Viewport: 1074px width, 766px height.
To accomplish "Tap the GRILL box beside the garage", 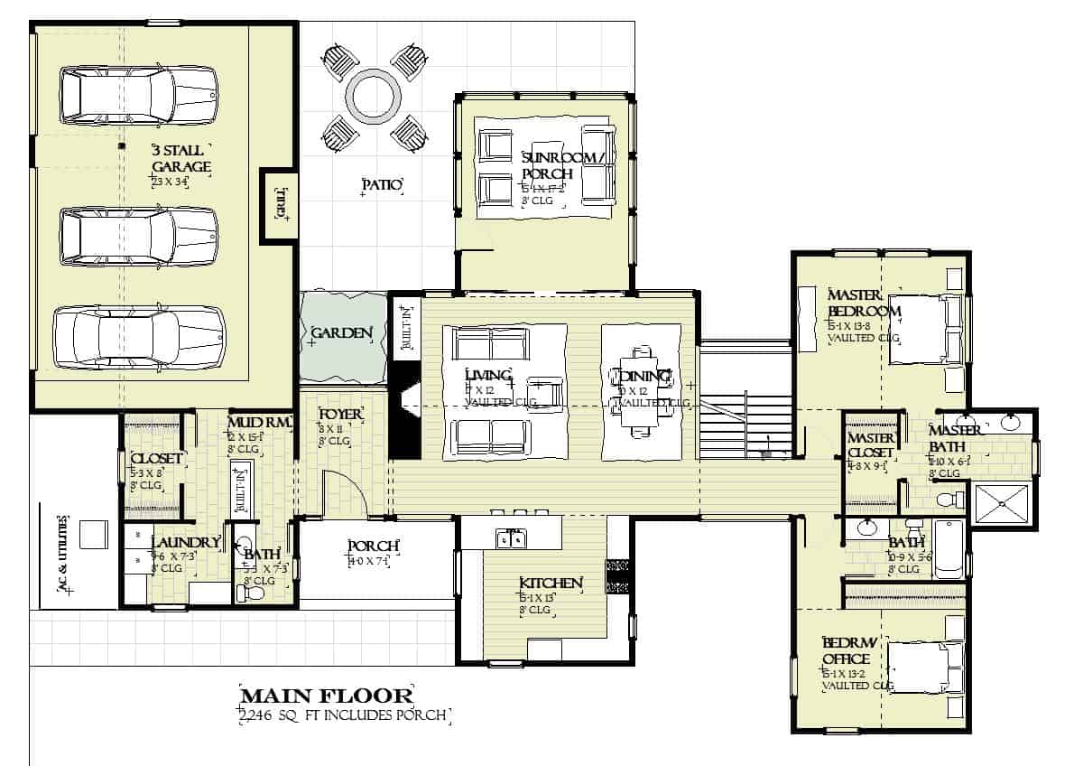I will pyautogui.click(x=279, y=204).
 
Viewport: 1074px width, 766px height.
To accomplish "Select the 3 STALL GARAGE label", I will pyautogui.click(x=181, y=158).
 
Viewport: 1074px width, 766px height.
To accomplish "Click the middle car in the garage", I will pyautogui.click(x=139, y=237).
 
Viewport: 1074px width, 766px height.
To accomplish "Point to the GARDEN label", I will pyautogui.click(x=341, y=334).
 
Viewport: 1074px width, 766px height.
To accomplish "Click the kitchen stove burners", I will pyautogui.click(x=618, y=575).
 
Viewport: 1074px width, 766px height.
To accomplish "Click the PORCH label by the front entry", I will pyautogui.click(x=374, y=546).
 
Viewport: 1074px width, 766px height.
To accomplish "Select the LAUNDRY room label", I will pyautogui.click(x=186, y=543).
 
